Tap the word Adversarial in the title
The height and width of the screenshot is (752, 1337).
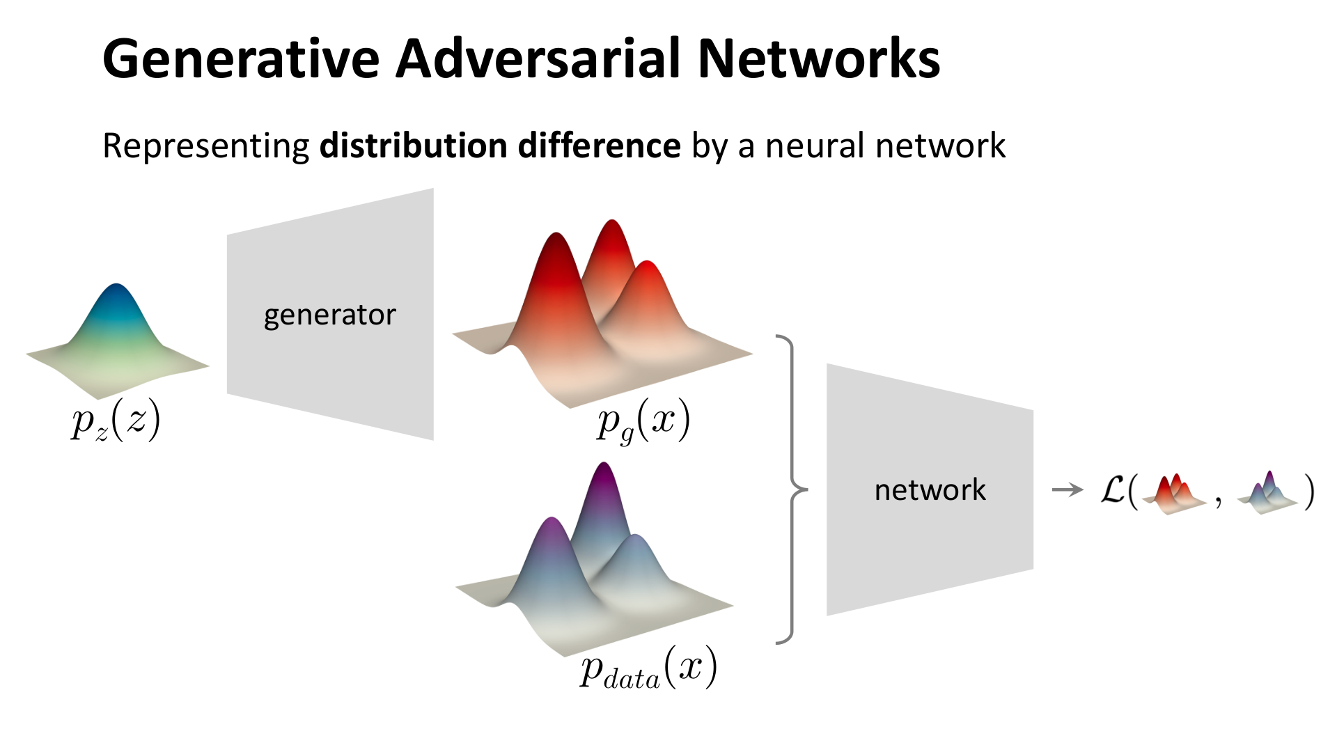537,59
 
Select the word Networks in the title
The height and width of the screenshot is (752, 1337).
819,59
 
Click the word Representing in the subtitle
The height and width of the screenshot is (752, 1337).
205,146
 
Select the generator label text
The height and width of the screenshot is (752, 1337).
329,315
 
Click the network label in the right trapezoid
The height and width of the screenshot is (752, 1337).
930,490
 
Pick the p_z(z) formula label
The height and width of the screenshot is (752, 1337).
116,421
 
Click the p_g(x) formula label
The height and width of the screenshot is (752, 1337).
643,421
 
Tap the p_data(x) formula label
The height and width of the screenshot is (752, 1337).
648,668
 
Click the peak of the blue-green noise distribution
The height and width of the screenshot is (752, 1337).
116,287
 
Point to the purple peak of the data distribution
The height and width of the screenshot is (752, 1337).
603,468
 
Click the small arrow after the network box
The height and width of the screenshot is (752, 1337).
1068,490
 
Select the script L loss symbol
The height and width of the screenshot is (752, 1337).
1113,490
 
